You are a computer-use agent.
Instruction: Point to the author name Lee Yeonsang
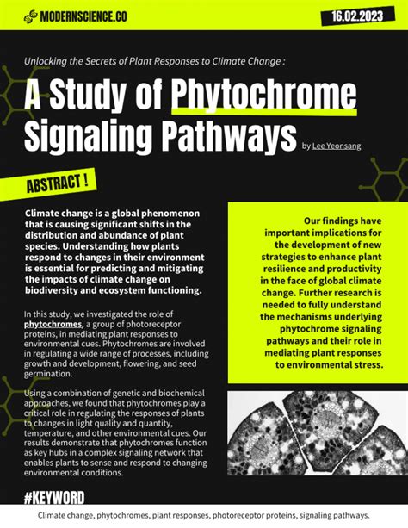point(337,146)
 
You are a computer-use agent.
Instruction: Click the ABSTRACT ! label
point(57,183)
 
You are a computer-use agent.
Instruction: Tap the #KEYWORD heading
point(54,499)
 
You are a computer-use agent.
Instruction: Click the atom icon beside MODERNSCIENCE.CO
point(31,16)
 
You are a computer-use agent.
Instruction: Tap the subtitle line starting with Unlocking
point(154,61)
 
